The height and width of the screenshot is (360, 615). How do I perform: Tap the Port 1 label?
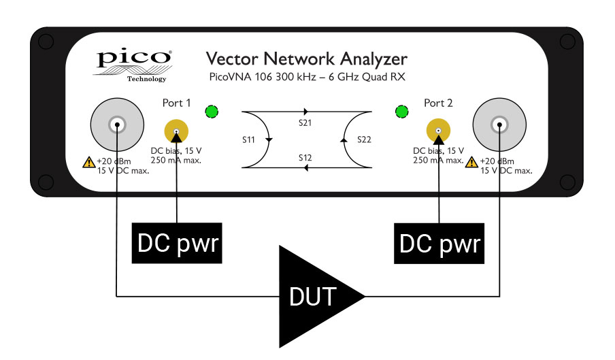176,103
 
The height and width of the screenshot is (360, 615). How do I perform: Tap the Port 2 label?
438,103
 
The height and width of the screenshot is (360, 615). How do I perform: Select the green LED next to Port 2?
402,112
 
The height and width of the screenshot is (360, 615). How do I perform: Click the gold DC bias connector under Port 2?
439,131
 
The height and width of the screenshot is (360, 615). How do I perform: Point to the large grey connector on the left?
117,125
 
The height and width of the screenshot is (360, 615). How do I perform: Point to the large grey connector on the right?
500,125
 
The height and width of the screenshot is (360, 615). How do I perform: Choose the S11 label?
249,140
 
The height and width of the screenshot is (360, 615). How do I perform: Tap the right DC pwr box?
439,243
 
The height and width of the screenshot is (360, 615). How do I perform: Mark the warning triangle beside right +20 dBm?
471,162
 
